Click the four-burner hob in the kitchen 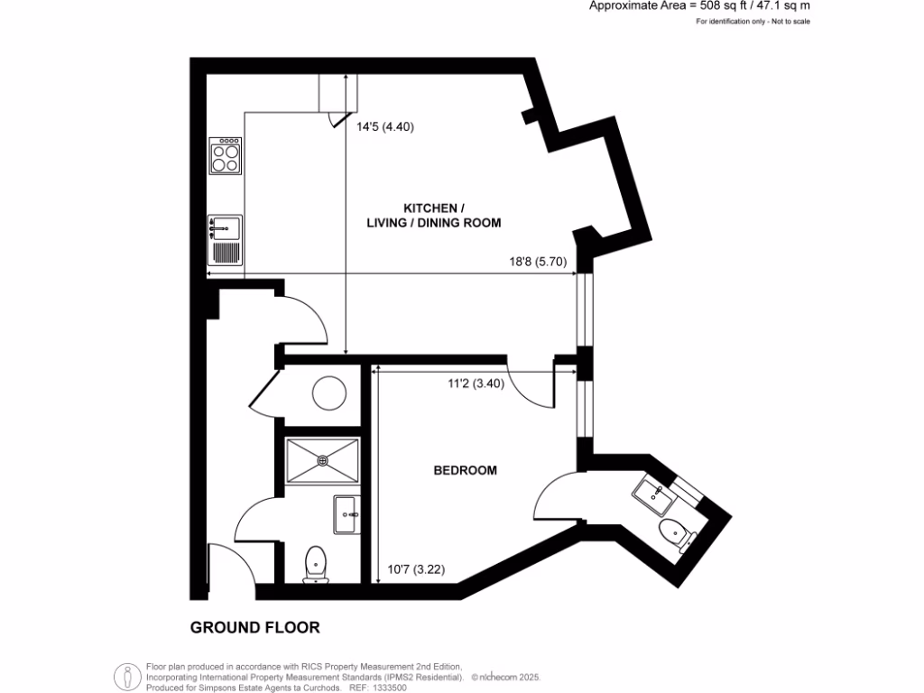tap(226, 155)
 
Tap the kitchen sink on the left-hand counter tap(226, 226)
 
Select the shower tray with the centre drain tap(322, 460)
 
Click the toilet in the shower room tap(316, 564)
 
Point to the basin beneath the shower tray tap(346, 514)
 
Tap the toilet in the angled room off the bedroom tap(677, 534)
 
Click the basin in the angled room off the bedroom tap(651, 493)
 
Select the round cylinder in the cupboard tap(328, 393)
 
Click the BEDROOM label tap(465, 470)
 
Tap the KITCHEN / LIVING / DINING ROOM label tap(433, 215)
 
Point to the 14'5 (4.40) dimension tap(384, 127)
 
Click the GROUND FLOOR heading tap(254, 627)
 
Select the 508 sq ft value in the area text tap(719, 5)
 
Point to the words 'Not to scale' tap(789, 21)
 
